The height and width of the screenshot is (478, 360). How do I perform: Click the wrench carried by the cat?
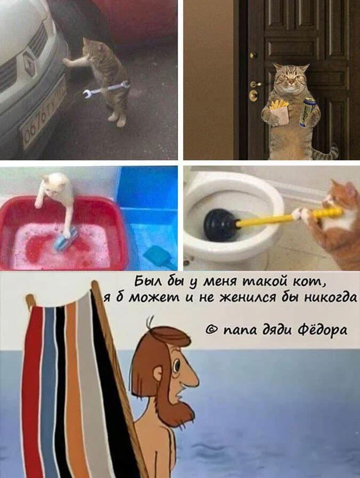click(105, 89)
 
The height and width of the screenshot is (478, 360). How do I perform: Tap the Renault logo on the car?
click(30, 63)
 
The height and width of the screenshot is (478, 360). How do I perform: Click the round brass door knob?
click(253, 95)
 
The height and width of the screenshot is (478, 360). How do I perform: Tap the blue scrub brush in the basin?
click(66, 238)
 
